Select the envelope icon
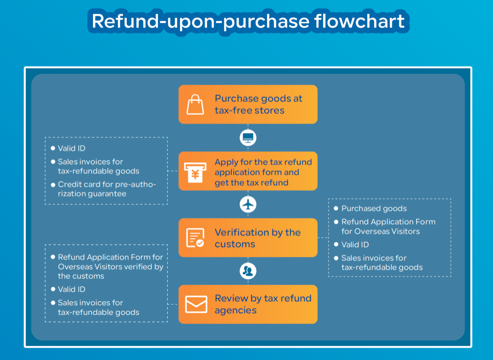point(196,304)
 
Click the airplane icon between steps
point(248,204)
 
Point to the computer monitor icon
point(248,138)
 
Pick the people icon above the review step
point(248,271)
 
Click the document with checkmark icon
point(195,238)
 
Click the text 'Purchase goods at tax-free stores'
point(258,104)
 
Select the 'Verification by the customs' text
point(257,238)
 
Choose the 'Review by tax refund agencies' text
point(263,304)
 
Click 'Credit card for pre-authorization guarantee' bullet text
point(106,189)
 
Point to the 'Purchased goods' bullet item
point(374,208)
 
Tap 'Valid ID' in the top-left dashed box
point(71,148)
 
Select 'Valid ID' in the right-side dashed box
point(355,245)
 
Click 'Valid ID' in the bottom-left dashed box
point(71,289)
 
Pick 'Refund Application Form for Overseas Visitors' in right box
point(388,226)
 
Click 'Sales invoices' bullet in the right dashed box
point(382,262)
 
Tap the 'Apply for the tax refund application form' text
point(263,172)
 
